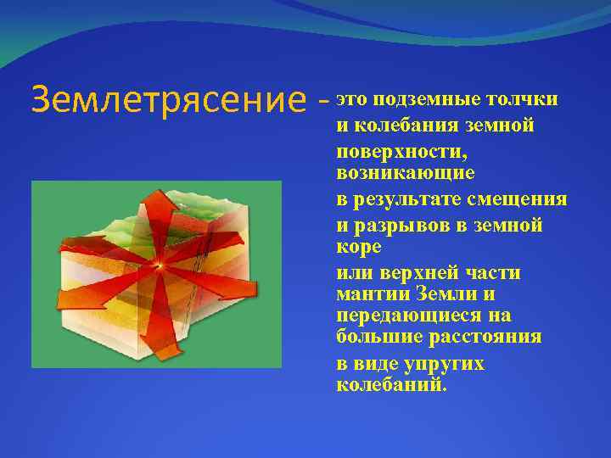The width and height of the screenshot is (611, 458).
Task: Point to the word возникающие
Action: point(406,172)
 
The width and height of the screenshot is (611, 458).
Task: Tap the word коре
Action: point(359,246)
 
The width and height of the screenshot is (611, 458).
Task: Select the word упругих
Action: point(446,363)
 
